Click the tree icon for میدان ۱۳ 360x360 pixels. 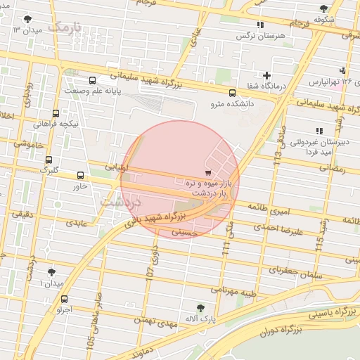click(x=27, y=20)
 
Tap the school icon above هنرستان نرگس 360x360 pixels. click(x=261, y=25)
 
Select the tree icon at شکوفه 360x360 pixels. click(x=323, y=9)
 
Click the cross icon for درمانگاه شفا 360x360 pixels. click(x=266, y=75)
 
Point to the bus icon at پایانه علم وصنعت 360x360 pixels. click(x=92, y=80)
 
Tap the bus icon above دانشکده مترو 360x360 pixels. click(x=232, y=93)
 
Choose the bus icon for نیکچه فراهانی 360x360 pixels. click(x=56, y=113)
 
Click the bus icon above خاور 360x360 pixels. click(x=79, y=176)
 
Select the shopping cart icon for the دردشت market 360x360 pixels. click(x=207, y=172)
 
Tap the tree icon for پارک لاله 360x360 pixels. click(x=201, y=307)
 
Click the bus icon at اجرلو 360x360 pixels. click(x=65, y=299)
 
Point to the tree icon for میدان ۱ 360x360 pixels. click(x=51, y=271)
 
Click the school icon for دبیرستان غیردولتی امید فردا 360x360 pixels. click(x=319, y=131)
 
